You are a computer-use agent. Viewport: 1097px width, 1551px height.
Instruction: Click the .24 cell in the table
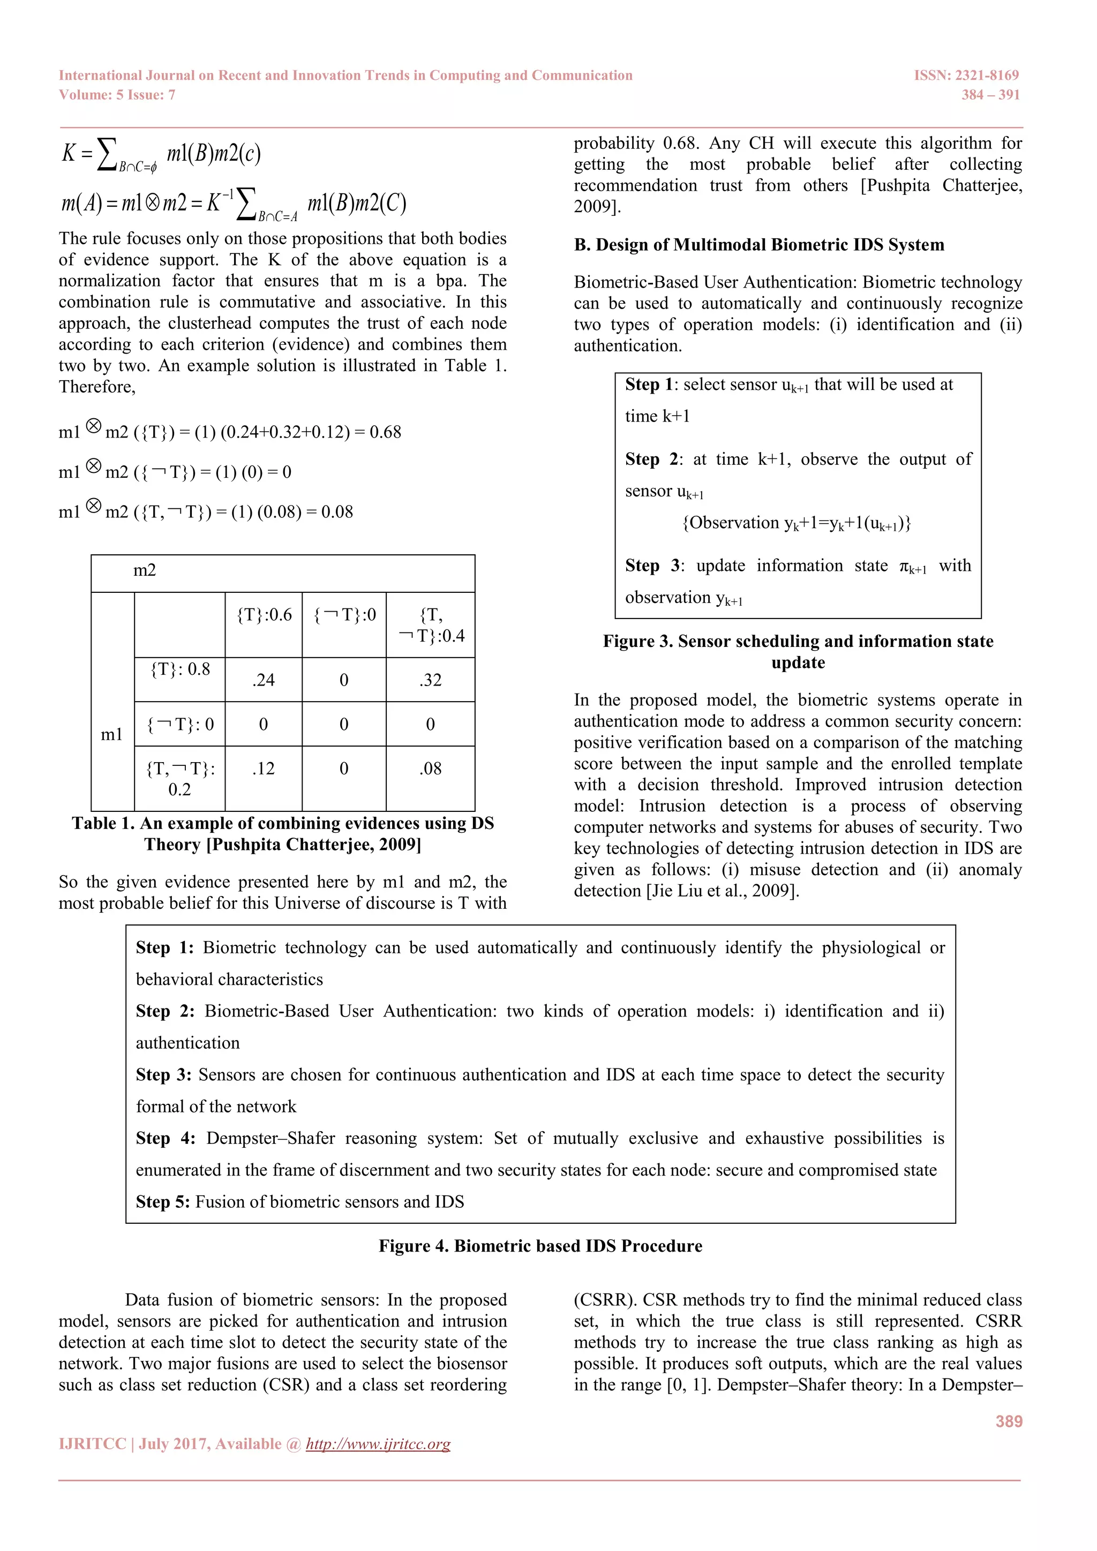(264, 680)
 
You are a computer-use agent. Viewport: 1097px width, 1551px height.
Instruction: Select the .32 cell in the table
(430, 680)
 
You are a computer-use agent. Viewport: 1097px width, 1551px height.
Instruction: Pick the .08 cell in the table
(430, 769)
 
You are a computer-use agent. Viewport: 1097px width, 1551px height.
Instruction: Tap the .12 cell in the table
(264, 769)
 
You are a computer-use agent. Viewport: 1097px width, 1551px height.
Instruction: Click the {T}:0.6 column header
(264, 615)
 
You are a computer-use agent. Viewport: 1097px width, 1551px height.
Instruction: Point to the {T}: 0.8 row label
(179, 669)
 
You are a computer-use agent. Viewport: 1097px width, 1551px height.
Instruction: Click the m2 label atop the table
(145, 571)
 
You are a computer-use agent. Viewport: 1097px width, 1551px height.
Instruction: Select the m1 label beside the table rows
(111, 734)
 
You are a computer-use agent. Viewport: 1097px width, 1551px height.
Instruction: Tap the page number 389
(1009, 1421)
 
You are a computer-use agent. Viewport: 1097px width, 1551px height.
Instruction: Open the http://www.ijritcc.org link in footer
(378, 1444)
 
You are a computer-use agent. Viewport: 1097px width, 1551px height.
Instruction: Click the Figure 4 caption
(540, 1246)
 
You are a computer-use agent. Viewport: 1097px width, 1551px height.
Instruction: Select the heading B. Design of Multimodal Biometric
(758, 245)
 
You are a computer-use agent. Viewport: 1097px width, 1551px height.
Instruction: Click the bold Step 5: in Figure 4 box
(163, 1202)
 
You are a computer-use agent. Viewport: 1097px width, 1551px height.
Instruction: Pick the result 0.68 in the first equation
(385, 432)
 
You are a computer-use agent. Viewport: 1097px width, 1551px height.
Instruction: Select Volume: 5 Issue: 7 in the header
(117, 95)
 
